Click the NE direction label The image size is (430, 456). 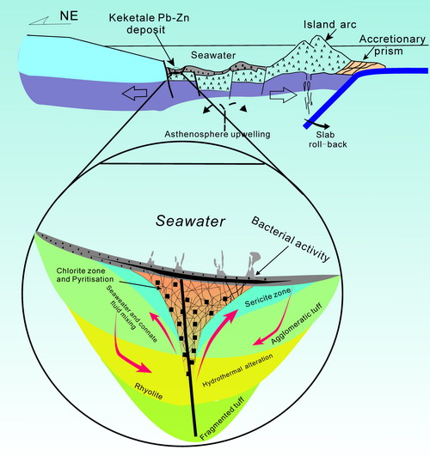[69, 15]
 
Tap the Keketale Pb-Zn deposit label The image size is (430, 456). [149, 23]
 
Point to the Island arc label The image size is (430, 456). [329, 24]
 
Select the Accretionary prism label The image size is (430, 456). [392, 45]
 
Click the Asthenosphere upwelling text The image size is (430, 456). [218, 134]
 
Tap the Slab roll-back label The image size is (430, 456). [328, 139]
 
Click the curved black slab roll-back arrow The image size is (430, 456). [317, 124]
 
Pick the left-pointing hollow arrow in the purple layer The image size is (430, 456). [134, 94]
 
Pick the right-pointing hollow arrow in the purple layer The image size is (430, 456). [283, 95]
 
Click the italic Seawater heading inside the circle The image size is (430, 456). [190, 221]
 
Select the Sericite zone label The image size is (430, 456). [267, 298]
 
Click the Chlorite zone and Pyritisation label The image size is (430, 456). [85, 275]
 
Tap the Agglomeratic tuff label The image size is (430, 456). [297, 324]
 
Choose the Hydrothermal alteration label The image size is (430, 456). [237, 370]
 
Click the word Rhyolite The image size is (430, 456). [148, 391]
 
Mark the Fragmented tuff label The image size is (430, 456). [222, 418]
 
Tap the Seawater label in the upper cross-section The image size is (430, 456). [213, 55]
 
